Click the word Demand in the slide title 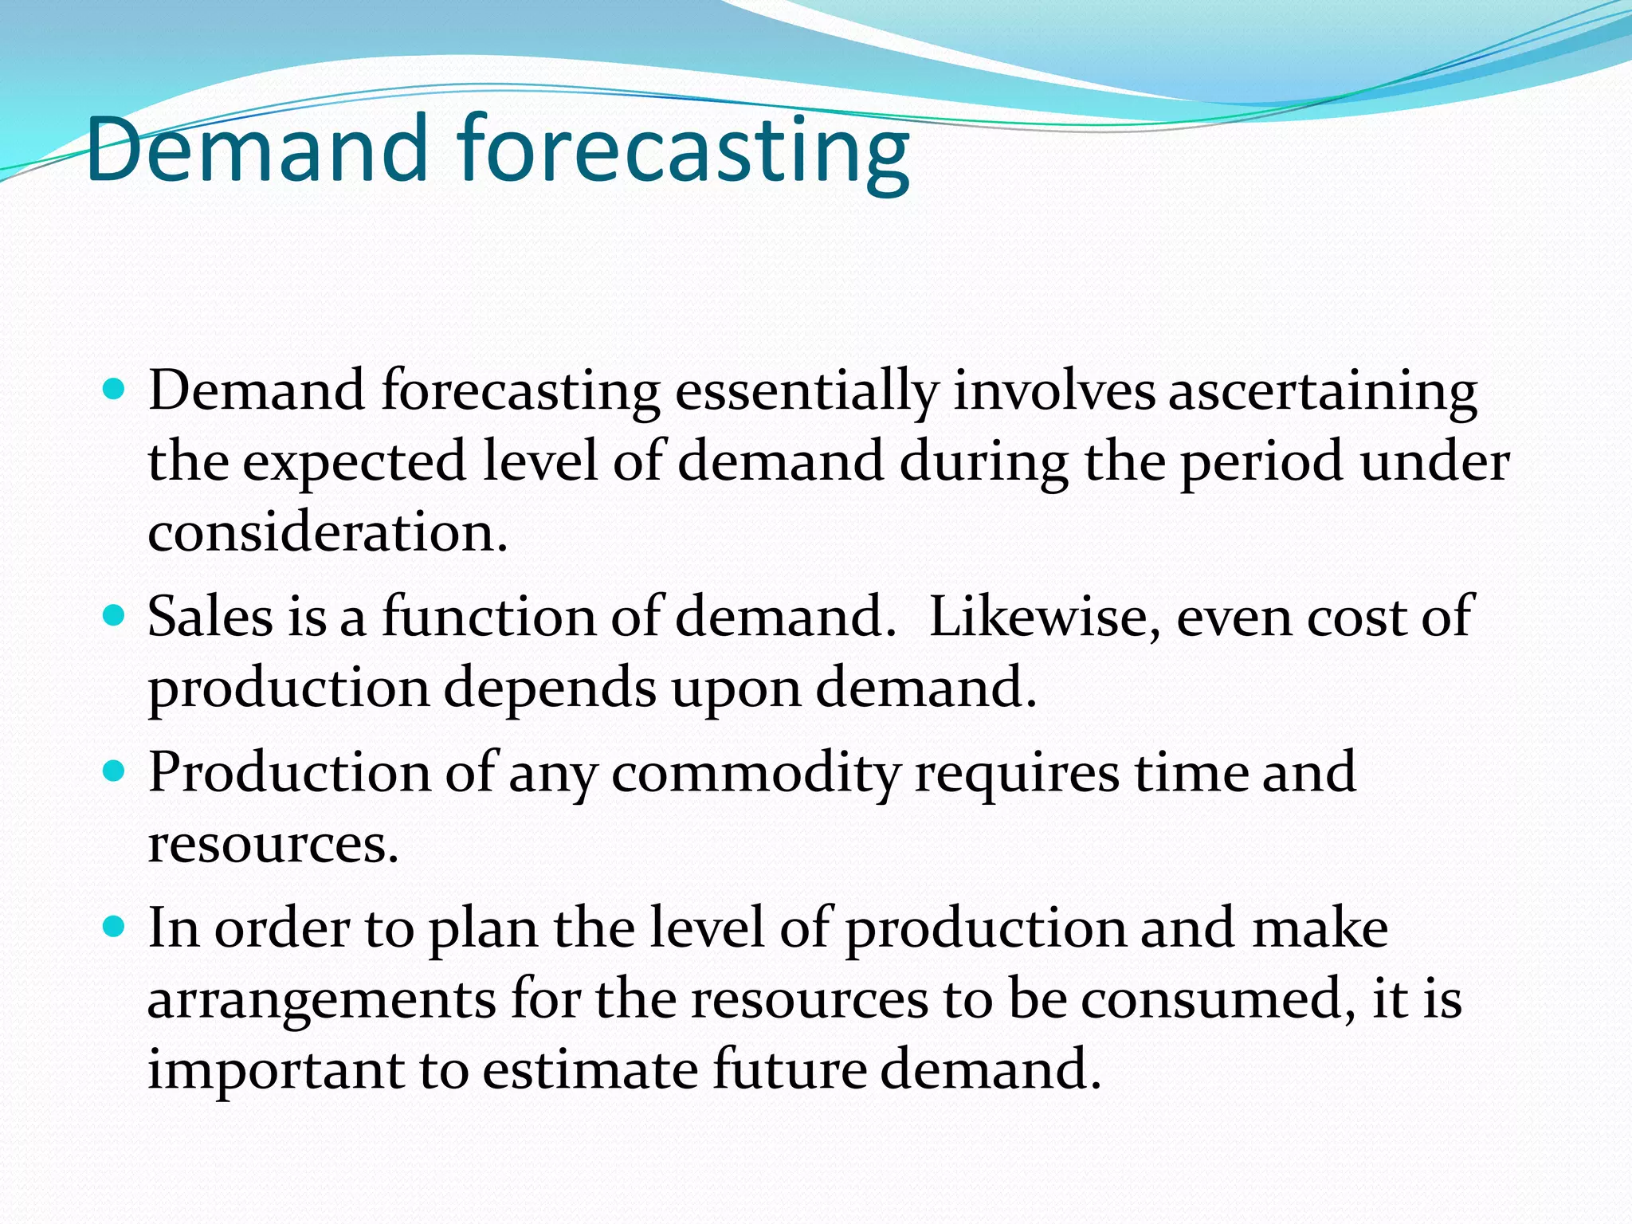pos(257,149)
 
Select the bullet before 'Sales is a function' pos(115,616)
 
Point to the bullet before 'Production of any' pos(115,771)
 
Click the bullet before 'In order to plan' pos(115,927)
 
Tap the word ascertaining pos(1322,392)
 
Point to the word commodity pos(755,773)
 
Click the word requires pos(1016,775)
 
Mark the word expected pos(354,463)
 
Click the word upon pos(736,689)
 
